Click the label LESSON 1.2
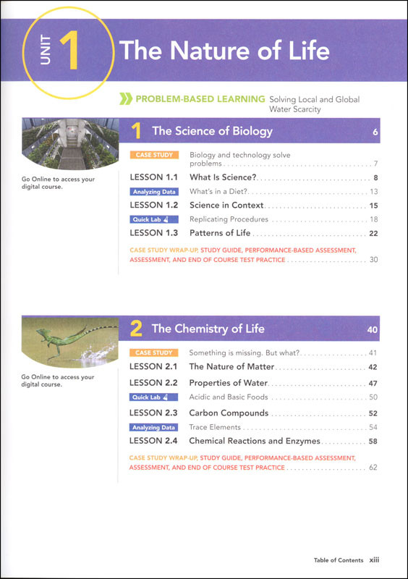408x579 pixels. [x=153, y=206]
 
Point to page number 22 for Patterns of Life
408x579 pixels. [x=373, y=234]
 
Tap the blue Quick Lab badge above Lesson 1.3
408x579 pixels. [x=151, y=219]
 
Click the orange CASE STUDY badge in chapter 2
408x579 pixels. [x=153, y=352]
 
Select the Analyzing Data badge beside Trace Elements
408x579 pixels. [x=153, y=428]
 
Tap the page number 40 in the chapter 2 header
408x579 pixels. [x=373, y=329]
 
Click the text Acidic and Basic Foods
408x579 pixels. [x=228, y=397]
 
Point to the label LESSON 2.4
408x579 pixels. [x=153, y=441]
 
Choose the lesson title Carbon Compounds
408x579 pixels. [x=229, y=413]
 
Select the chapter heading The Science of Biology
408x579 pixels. [x=212, y=131]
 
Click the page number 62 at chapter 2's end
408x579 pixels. [x=373, y=468]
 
